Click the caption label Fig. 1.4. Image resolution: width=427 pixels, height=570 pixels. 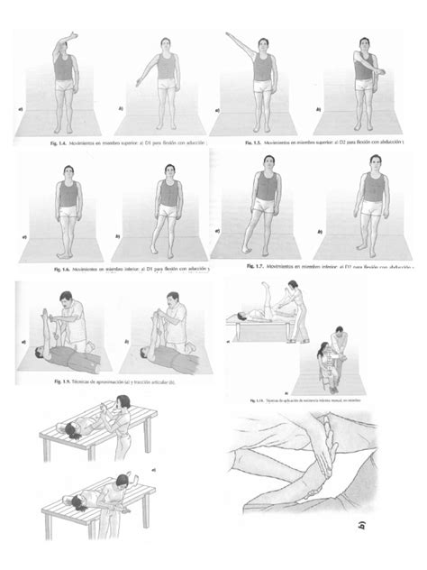(x=59, y=142)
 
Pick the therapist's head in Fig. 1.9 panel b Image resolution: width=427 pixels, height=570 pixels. (x=172, y=299)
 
